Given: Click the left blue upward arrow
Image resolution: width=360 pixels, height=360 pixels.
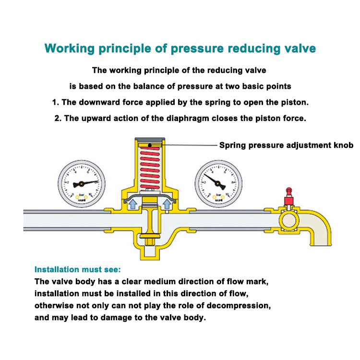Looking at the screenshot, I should [132, 205].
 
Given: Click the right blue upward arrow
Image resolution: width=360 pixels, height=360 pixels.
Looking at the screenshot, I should [167, 205].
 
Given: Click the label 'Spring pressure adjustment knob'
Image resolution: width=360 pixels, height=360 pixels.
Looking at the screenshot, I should [287, 145].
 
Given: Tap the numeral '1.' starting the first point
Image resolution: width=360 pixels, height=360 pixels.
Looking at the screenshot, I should [55, 102].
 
